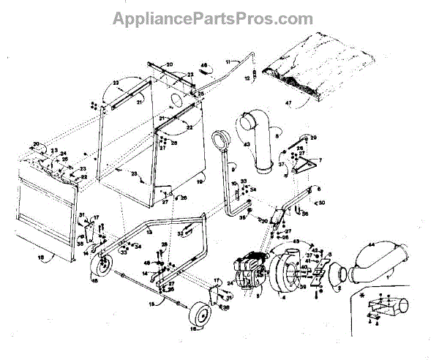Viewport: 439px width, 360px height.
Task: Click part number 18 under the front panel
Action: click(42, 259)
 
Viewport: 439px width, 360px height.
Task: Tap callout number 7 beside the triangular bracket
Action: click(319, 159)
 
